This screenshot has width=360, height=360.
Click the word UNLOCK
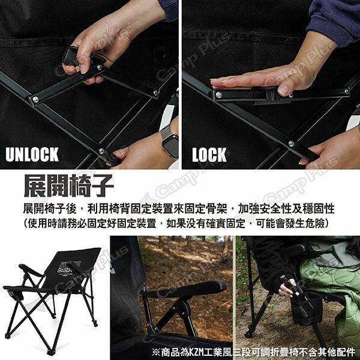point(32,154)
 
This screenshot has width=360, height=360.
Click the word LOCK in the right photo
point(209,155)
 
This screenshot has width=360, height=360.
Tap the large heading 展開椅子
point(68,185)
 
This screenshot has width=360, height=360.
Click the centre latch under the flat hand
point(270,95)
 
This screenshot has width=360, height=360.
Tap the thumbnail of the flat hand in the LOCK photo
point(284,91)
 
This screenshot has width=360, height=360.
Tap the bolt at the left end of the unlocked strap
point(35,100)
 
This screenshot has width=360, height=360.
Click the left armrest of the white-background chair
point(30,270)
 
